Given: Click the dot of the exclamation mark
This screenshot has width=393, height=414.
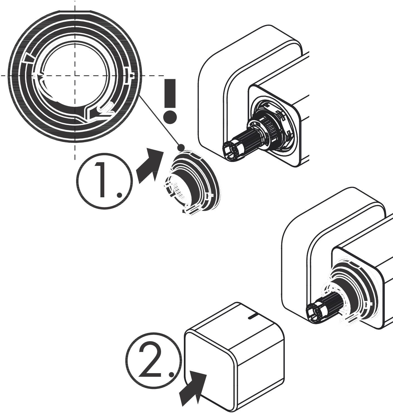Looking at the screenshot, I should (x=170, y=117).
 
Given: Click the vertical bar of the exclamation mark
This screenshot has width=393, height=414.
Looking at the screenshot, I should (x=170, y=93).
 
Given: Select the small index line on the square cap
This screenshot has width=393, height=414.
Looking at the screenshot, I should (x=253, y=315).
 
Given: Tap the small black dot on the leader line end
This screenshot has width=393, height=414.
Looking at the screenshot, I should (x=181, y=147).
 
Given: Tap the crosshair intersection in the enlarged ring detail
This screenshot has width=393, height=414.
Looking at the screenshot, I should (x=75, y=75).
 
